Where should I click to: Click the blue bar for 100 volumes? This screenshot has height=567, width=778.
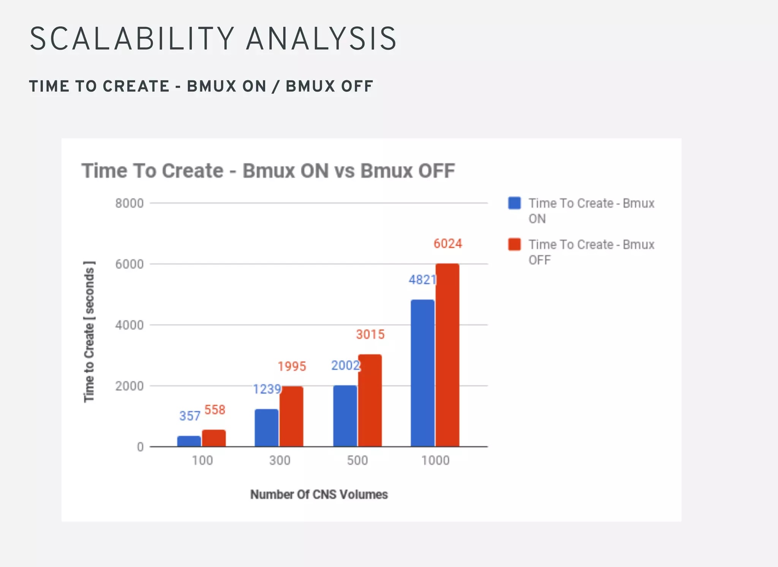(x=189, y=441)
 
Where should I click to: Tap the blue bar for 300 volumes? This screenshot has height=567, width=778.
(x=266, y=428)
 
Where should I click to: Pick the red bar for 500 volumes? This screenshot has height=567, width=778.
(x=370, y=400)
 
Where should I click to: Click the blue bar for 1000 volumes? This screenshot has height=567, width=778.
(x=422, y=373)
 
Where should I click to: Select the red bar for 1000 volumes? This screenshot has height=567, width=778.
(x=448, y=355)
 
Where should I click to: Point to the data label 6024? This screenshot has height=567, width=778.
(x=448, y=244)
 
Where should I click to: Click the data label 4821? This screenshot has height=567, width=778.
(x=422, y=280)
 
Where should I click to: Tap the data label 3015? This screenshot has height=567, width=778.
(x=370, y=334)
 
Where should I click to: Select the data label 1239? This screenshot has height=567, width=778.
(x=267, y=389)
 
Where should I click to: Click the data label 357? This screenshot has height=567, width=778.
(x=190, y=416)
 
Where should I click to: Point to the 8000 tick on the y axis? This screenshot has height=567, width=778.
(x=130, y=203)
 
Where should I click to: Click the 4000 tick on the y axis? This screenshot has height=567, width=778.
(x=130, y=325)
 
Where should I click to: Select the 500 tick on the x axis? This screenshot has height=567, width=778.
(x=357, y=460)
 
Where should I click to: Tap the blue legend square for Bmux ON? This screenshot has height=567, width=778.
(x=514, y=203)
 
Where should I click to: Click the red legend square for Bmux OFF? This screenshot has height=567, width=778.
(x=514, y=244)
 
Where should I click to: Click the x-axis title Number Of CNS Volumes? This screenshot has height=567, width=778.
(x=319, y=495)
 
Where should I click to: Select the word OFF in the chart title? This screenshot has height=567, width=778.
(x=436, y=171)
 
